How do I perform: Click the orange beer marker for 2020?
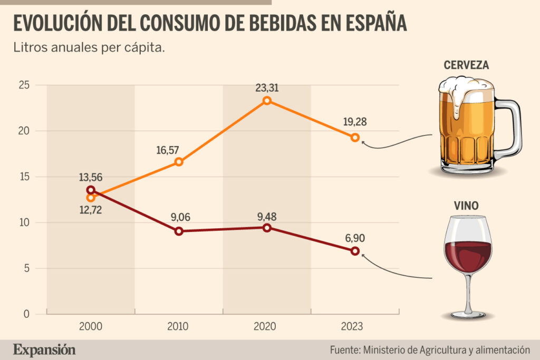pyautogui.click(x=267, y=100)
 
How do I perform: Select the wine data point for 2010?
pyautogui.click(x=179, y=231)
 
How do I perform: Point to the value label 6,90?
pyautogui.click(x=355, y=238)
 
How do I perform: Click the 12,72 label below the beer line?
pyautogui.click(x=91, y=210)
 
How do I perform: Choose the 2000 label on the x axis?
pyautogui.click(x=91, y=327)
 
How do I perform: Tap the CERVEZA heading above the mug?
pyautogui.click(x=466, y=65)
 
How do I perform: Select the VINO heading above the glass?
pyautogui.click(x=466, y=206)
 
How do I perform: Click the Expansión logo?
pyautogui.click(x=44, y=349)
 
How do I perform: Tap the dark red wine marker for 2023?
pyautogui.click(x=355, y=251)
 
